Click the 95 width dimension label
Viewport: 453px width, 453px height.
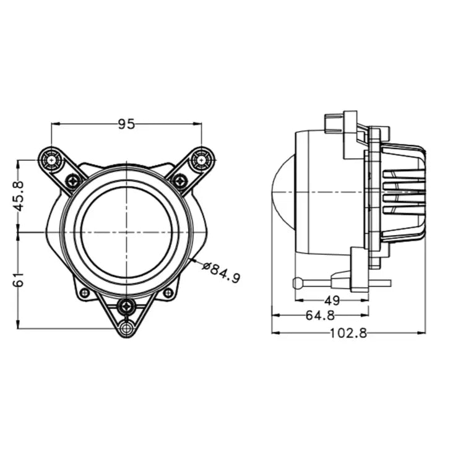(x=126, y=124)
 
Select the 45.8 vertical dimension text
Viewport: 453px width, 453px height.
(x=19, y=196)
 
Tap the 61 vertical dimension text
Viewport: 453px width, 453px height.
(x=19, y=281)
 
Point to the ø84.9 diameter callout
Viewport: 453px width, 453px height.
(x=221, y=272)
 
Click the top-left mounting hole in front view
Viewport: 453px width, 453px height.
(x=51, y=160)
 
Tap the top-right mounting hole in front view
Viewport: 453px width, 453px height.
(x=201, y=160)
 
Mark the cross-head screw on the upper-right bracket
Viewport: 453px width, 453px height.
(x=179, y=181)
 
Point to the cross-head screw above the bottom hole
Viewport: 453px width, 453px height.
(x=127, y=306)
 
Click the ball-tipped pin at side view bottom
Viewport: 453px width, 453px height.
(x=297, y=283)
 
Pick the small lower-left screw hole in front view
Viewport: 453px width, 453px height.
(x=85, y=292)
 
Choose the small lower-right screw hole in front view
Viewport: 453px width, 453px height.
(x=168, y=292)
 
